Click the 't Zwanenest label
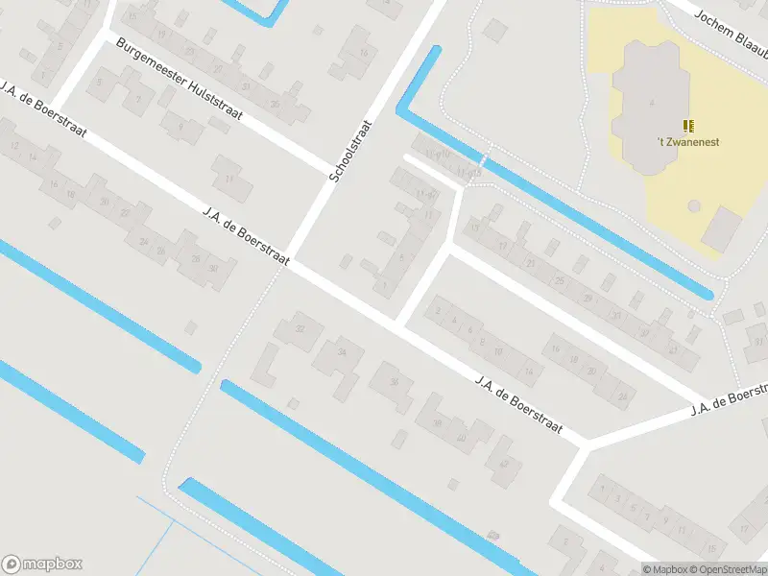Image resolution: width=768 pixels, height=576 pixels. [688, 142]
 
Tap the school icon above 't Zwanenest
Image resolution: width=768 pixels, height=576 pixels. [688, 126]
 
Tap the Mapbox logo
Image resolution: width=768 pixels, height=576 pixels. [41, 564]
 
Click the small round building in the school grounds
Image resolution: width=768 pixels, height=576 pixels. [694, 205]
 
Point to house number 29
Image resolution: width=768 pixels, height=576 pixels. [587, 298]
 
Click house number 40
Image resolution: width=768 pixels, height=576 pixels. [462, 438]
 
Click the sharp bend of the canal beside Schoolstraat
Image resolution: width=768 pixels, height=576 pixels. [403, 113]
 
